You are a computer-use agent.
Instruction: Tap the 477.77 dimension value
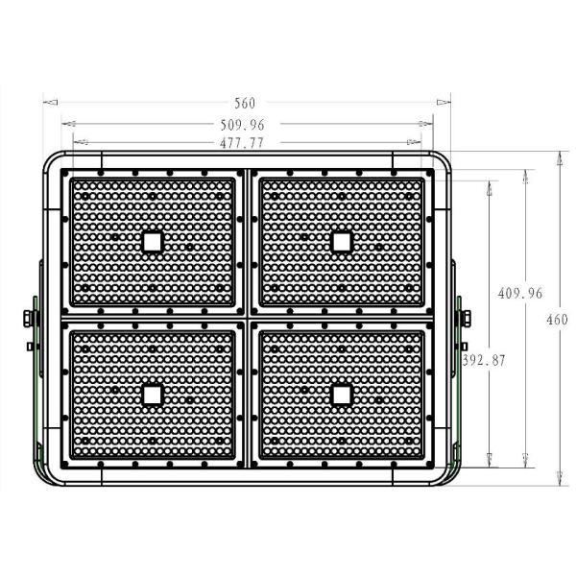click(244, 142)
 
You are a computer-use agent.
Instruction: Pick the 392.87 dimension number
click(484, 360)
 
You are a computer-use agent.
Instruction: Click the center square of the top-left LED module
click(152, 241)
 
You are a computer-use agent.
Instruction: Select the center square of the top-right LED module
click(340, 241)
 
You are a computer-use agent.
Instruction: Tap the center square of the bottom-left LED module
click(152, 394)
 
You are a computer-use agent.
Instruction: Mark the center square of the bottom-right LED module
click(340, 394)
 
